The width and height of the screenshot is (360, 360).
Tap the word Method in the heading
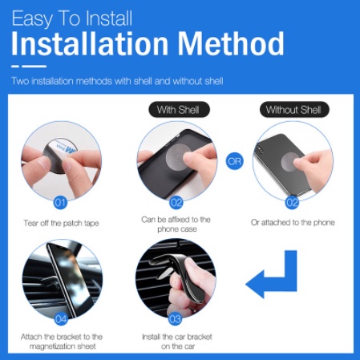(x=231, y=43)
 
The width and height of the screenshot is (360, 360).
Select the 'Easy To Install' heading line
(x=72, y=18)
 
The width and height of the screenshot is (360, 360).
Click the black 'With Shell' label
(x=179, y=110)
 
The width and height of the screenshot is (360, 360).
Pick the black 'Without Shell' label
(x=294, y=110)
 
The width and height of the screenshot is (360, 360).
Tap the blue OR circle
(x=235, y=161)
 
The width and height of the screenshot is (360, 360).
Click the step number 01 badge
(x=60, y=203)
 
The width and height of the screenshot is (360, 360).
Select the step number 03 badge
(x=175, y=319)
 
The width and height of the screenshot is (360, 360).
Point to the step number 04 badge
(x=61, y=319)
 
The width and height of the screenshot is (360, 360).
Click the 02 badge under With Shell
(x=176, y=203)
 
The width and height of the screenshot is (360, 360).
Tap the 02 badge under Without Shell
(x=292, y=203)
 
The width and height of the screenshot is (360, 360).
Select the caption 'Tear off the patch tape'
(x=61, y=223)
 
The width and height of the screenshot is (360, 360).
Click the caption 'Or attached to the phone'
(x=293, y=222)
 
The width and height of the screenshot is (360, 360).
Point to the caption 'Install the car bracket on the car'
(x=177, y=342)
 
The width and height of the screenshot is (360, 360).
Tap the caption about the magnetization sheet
(x=62, y=342)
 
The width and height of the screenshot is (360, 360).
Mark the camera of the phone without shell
(x=259, y=148)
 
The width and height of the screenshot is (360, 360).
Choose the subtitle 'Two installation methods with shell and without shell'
(x=117, y=81)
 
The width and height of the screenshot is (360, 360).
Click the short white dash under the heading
(x=15, y=67)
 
